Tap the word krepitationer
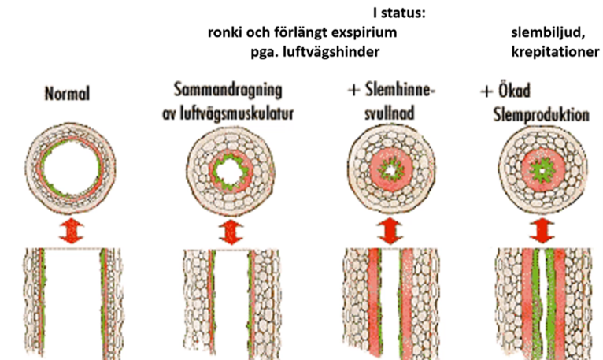[x=555, y=52]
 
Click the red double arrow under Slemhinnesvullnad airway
[x=387, y=230]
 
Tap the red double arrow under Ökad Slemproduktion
[x=540, y=230]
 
